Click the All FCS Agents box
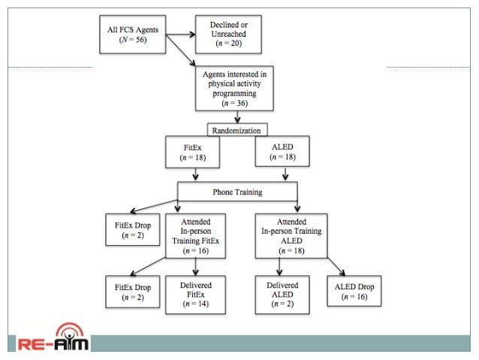134,35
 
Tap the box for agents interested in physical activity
237,88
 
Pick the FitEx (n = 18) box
191,153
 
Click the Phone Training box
238,192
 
